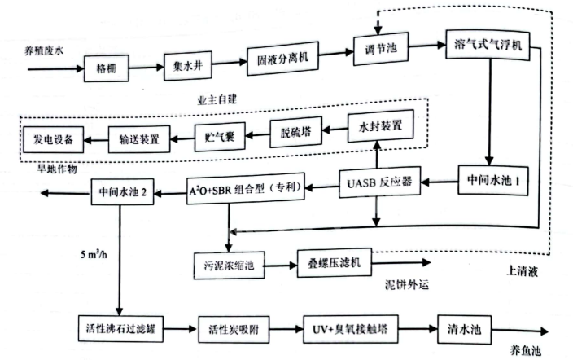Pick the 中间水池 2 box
click(121, 194)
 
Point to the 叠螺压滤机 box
click(335, 262)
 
